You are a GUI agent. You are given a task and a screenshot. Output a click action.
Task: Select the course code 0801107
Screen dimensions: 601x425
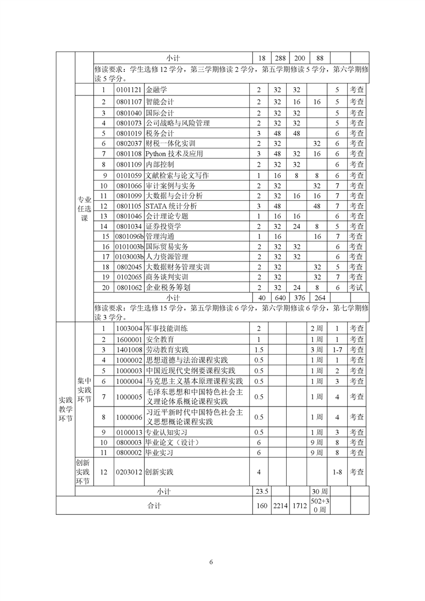pyautogui.click(x=129, y=101)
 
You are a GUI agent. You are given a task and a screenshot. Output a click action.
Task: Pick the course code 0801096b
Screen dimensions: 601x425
pyautogui.click(x=129, y=236)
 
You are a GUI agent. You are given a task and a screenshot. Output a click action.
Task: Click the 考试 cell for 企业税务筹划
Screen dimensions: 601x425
pyautogui.click(x=357, y=288)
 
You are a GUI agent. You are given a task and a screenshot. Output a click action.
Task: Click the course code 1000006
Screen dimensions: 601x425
pyautogui.click(x=129, y=417)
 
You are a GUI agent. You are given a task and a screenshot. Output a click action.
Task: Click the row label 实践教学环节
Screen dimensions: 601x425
pyautogui.click(x=65, y=409)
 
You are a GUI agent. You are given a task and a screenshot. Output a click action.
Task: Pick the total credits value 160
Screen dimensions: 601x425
pyautogui.click(x=262, y=505)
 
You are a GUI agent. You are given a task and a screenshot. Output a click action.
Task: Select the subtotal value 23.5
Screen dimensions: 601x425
pyautogui.click(x=262, y=491)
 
